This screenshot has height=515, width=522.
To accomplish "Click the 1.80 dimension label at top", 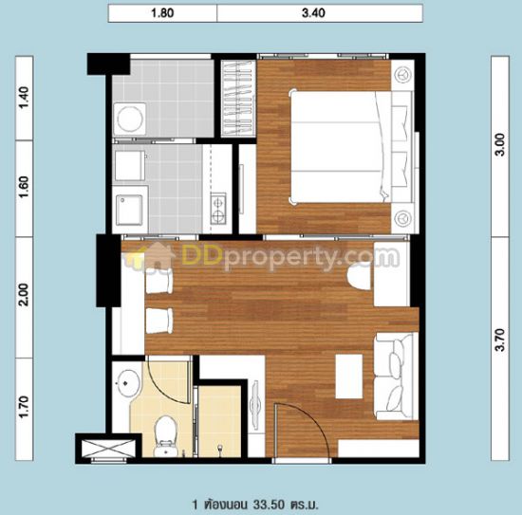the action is (162, 13).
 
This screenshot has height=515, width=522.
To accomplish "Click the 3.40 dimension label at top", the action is (313, 13).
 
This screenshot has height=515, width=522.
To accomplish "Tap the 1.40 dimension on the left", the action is (24, 98).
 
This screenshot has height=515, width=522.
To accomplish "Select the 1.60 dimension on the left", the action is (24, 187).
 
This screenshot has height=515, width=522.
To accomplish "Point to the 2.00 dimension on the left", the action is (24, 295).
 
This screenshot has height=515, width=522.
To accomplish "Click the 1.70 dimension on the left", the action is (24, 407).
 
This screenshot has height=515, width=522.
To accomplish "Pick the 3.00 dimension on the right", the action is (500, 145).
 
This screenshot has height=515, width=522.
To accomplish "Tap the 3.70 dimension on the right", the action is (500, 340).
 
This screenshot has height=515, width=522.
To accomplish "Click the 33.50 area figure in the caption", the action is (269, 505).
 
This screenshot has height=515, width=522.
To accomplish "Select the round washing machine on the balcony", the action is (130, 120).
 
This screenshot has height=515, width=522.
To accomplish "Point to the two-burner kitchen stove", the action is (218, 209).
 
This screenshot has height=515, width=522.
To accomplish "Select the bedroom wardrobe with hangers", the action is (238, 99).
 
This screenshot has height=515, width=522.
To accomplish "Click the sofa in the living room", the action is (396, 376).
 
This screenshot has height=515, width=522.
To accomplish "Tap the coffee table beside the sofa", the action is (349, 377).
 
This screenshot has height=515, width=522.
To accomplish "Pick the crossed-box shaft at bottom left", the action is (108, 449).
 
